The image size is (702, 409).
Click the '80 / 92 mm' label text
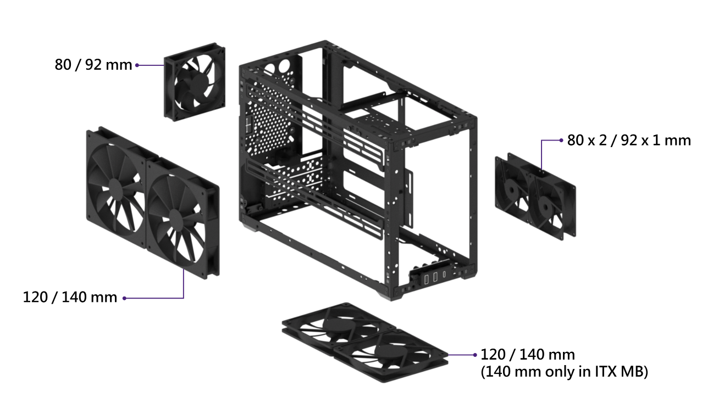(93, 65)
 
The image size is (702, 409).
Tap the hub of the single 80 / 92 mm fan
(197, 82)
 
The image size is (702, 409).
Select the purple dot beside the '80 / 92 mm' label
(137, 65)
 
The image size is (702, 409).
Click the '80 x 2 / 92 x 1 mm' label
(629, 140)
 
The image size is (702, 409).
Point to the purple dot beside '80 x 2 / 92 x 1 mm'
(561, 140)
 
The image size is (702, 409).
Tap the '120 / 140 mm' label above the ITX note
(528, 355)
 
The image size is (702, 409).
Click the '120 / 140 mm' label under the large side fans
(70, 297)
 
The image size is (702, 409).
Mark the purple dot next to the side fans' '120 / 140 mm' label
(124, 298)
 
